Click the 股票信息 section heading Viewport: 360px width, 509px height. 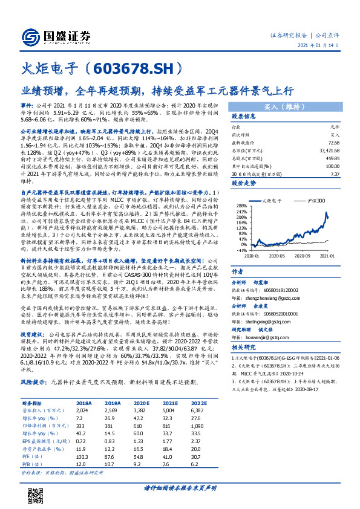coord(243,117)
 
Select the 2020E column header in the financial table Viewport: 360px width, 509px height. coord(123,402)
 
